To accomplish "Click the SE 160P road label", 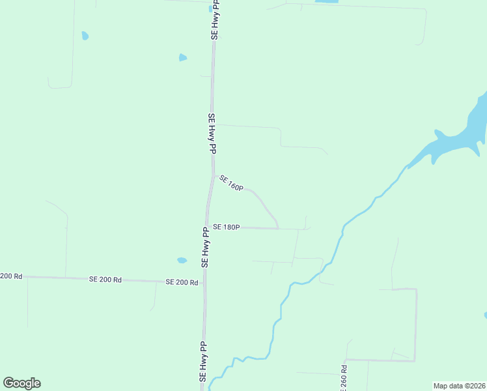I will [231, 183].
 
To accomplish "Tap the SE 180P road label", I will [227, 227].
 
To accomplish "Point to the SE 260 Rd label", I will [344, 378].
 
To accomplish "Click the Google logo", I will [21, 383].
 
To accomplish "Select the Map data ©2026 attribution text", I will [459, 386].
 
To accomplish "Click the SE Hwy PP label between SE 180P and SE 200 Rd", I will [205, 246].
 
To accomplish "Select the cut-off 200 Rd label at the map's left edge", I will [11, 276].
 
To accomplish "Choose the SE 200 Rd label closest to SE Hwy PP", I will [182, 282].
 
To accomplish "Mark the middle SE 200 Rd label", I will [105, 279].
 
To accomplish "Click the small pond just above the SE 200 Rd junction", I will [182, 261].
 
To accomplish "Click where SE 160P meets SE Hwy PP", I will [214, 175].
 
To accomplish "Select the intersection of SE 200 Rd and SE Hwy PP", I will [204, 283].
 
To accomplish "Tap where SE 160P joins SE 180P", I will [279, 228].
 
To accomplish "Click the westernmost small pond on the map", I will [85, 35].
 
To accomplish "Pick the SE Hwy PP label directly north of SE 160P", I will [212, 134].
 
